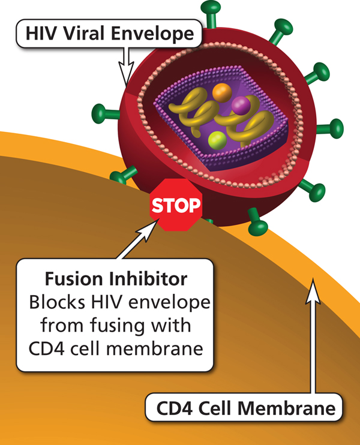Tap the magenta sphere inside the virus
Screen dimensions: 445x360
pyautogui.click(x=241, y=106)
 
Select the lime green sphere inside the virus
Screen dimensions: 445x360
pyautogui.click(x=217, y=141)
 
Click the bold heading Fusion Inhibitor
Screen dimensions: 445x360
pyautogui.click(x=115, y=279)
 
